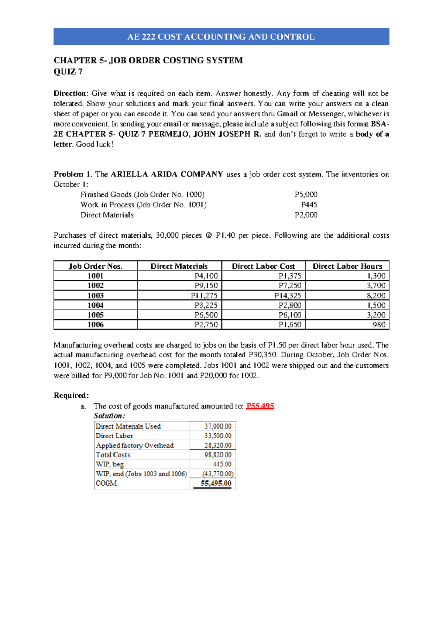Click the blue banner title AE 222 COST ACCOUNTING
(x=221, y=37)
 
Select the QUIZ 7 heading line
(x=68, y=72)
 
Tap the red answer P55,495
(x=260, y=406)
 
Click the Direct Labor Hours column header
(x=347, y=266)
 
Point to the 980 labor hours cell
(x=379, y=325)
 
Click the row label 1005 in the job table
(x=95, y=315)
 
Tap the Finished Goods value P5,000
(x=306, y=195)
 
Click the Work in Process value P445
(x=309, y=205)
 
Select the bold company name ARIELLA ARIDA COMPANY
(x=167, y=174)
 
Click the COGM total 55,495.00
(x=216, y=483)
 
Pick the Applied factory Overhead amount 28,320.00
(x=218, y=446)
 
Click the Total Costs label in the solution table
(x=113, y=455)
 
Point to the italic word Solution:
(x=109, y=416)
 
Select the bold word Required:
(x=71, y=395)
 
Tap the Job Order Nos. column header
(x=95, y=266)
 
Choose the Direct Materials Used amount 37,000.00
(x=218, y=426)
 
